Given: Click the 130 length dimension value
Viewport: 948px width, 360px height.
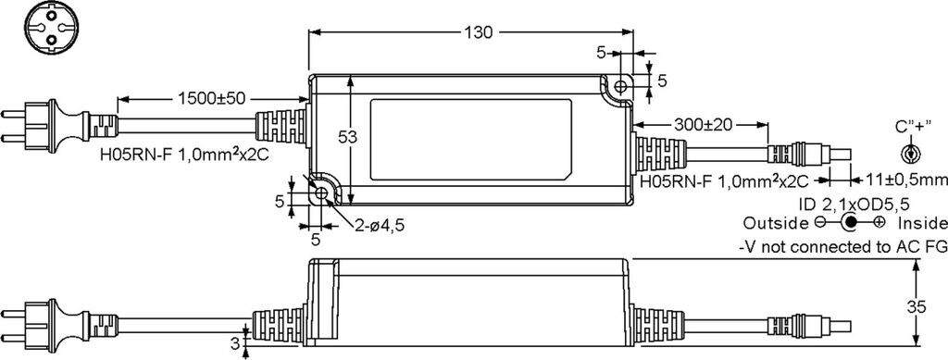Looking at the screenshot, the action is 479,32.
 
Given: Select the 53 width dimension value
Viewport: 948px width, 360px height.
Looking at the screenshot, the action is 346,138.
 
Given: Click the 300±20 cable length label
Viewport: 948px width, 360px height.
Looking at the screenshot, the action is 703,124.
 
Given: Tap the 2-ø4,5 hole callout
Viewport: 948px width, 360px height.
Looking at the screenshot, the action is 380,226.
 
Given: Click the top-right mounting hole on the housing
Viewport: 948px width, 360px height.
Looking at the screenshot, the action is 620,86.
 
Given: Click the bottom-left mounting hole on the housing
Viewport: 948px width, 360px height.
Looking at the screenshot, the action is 321,194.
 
